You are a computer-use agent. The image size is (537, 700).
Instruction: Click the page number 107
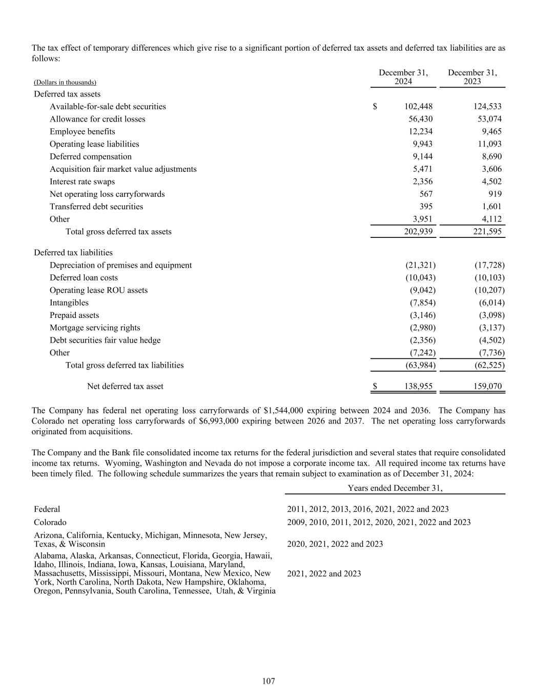click(268, 681)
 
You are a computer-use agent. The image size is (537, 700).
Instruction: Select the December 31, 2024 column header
click(403, 77)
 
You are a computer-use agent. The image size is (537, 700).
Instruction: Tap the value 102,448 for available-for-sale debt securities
click(418, 107)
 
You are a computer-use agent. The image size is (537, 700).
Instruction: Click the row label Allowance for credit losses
click(97, 119)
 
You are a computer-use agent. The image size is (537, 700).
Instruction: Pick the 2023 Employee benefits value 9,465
click(491, 132)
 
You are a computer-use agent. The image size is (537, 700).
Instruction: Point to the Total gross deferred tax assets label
click(118, 232)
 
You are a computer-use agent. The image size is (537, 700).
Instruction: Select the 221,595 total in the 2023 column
click(487, 232)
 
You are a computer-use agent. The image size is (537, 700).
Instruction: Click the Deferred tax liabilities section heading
click(73, 253)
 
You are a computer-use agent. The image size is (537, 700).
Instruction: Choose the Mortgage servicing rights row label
click(95, 328)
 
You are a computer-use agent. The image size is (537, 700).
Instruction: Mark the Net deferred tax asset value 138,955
click(418, 387)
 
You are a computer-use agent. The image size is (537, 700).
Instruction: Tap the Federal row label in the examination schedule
click(47, 509)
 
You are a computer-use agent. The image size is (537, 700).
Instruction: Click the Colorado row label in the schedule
click(50, 523)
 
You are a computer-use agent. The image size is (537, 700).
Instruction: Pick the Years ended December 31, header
click(395, 488)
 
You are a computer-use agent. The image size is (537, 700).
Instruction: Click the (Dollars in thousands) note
click(65, 83)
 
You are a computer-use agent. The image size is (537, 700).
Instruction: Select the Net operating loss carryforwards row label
click(107, 194)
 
